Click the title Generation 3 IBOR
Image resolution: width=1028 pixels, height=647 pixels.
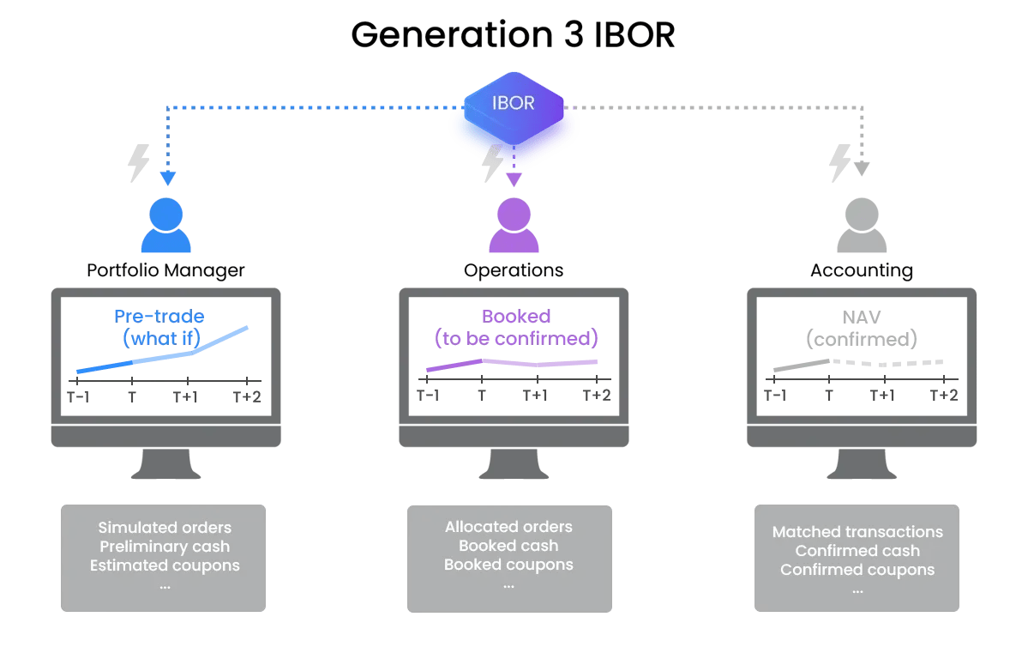513,35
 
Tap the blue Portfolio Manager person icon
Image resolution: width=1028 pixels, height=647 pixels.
165,226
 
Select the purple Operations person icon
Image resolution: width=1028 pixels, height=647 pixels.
514,226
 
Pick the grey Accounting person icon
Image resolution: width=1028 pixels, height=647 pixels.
861,226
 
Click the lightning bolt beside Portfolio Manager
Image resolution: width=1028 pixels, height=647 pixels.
138,163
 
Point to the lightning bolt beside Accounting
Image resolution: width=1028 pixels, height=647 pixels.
840,163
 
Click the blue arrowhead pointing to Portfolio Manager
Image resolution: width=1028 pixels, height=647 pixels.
167,178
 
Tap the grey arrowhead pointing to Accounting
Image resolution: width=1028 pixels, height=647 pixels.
862,169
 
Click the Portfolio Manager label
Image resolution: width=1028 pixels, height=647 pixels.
165,270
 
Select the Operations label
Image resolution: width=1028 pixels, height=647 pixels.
514,270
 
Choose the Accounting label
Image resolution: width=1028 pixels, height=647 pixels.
861,271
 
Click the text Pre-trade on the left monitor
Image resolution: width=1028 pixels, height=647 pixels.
159,317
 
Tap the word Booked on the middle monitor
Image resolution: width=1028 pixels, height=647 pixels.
516,317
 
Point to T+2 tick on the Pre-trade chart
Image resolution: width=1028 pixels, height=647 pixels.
247,396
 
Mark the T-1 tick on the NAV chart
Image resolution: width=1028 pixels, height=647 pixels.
774,395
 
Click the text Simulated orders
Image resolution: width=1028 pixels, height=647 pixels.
165,527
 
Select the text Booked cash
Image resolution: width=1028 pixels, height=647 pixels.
508,546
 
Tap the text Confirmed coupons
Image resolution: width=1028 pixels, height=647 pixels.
857,570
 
